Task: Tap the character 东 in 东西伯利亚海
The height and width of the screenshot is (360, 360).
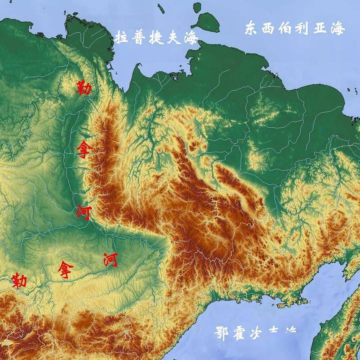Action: coord(252,28)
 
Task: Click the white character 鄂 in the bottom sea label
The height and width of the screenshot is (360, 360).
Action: coord(222,333)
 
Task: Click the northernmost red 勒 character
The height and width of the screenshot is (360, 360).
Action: coord(83,88)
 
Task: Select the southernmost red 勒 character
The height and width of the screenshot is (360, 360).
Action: coord(19,280)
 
